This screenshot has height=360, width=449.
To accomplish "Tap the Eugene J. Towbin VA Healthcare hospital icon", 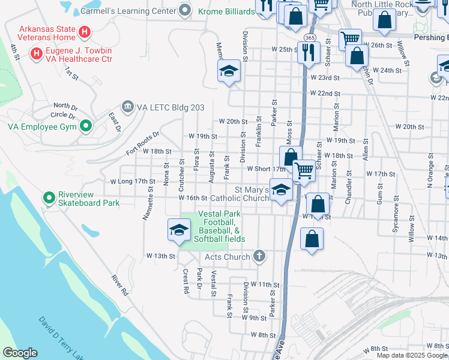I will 37,53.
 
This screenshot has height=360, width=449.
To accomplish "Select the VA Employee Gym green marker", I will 85,127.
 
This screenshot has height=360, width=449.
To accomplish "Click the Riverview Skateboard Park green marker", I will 48,197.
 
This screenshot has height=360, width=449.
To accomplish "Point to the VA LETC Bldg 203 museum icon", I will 127,107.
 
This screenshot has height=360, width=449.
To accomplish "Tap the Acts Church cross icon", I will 259,257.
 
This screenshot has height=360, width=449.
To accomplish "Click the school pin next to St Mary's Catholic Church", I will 280,191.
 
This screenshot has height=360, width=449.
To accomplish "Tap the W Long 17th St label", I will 129,181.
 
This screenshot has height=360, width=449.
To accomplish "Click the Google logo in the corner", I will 20,353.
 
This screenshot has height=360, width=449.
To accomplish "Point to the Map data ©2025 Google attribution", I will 412,355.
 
